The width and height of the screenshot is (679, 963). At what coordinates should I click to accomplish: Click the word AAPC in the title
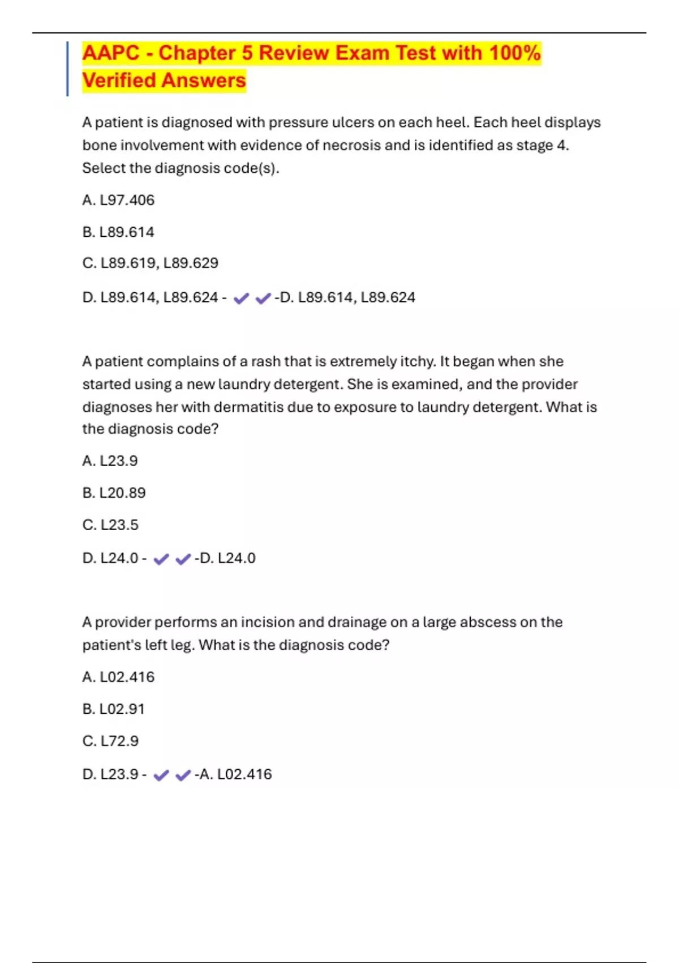111,53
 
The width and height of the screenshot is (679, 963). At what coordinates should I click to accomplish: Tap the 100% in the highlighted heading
515,53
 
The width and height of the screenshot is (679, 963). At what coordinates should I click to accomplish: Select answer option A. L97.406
118,200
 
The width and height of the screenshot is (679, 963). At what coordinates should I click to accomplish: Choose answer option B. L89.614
118,232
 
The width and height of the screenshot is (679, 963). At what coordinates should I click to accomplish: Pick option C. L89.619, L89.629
150,263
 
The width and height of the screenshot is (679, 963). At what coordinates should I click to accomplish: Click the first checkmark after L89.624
241,298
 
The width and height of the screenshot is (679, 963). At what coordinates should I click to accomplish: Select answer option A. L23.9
110,461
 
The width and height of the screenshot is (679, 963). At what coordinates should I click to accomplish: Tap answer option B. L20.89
114,493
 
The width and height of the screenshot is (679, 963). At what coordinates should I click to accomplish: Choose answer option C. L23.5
110,525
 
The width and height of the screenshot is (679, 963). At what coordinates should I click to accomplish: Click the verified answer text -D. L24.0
225,558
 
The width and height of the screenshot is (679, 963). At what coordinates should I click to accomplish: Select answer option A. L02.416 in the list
118,677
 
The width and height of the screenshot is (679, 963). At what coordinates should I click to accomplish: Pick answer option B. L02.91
114,709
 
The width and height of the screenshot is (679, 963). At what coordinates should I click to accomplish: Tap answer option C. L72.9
110,741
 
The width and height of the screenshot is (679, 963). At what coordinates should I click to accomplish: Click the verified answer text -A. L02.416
233,774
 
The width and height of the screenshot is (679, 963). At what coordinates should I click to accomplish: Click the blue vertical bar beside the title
67,69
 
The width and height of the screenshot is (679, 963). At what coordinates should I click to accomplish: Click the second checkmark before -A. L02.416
183,775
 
